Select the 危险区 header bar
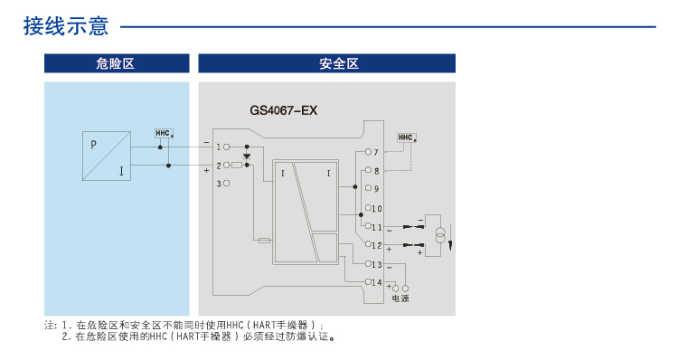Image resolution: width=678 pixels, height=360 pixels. tap(116, 63)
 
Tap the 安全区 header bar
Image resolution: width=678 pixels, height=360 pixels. tap(326, 63)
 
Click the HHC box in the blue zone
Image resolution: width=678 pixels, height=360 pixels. tap(164, 133)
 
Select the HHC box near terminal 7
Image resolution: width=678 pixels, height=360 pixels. tap(405, 137)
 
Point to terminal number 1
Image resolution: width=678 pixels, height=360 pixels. tap(219, 146)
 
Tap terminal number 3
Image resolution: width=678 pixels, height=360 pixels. tap(219, 184)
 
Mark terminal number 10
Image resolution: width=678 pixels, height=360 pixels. tap(377, 208)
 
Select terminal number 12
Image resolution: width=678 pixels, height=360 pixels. tap(377, 245)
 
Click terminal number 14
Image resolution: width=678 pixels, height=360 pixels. tap(377, 282)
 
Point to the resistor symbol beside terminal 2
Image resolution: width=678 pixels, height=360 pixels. tap(237, 166)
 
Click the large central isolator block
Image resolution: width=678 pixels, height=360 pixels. tap(306, 212)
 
